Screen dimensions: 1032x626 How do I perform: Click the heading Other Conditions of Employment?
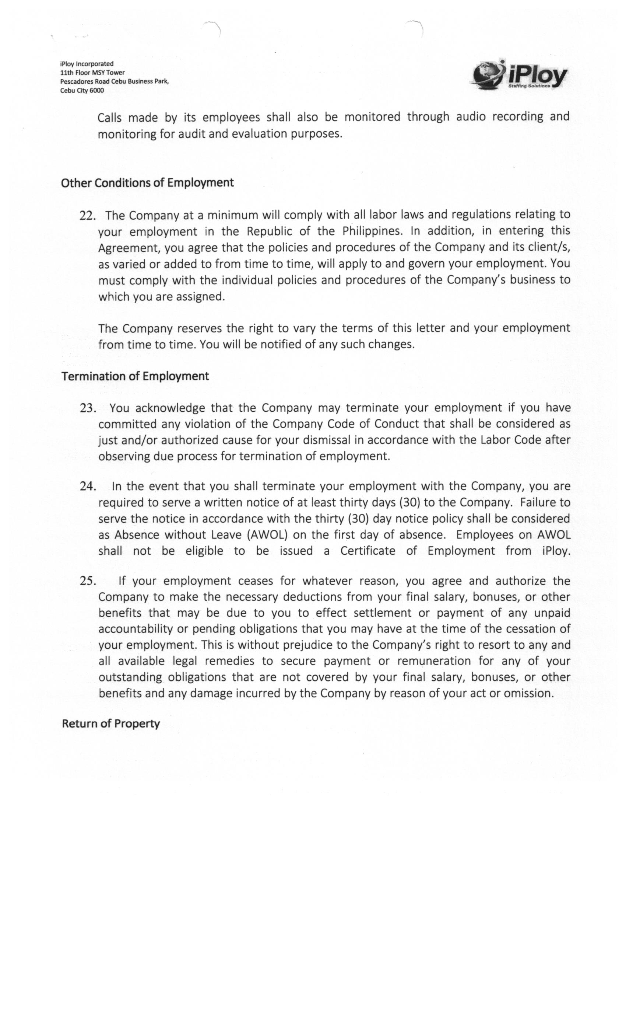(147, 183)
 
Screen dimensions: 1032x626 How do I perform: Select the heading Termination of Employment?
(135, 376)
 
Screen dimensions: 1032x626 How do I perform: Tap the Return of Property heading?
(111, 724)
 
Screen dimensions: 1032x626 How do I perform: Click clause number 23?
(88, 408)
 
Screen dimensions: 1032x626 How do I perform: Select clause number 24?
(88, 487)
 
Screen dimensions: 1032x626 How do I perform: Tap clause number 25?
(88, 581)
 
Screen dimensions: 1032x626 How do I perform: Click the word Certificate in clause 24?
(367, 551)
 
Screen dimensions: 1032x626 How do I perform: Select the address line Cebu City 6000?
(82, 90)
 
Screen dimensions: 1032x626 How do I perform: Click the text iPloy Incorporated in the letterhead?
(87, 64)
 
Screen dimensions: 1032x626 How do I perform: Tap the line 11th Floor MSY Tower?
(92, 73)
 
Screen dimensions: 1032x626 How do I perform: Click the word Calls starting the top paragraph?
(109, 118)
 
